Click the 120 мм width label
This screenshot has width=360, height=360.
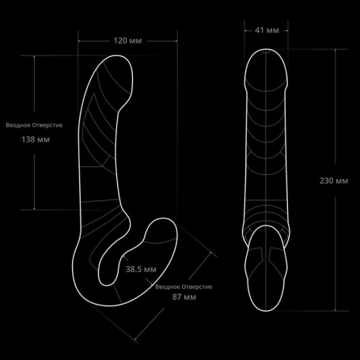[127, 41]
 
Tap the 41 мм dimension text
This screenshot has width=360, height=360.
[267, 30]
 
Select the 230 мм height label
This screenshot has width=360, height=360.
[334, 180]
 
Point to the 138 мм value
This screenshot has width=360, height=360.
[36, 139]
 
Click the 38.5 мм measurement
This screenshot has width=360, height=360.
[141, 269]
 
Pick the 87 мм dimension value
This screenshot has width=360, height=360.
[184, 297]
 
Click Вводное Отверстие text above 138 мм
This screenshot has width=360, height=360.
[34, 125]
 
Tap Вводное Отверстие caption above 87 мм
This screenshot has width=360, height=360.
[184, 286]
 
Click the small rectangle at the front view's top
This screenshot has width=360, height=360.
[266, 51]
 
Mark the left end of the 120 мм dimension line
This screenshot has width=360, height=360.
[78, 41]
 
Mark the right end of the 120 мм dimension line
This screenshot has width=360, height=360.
[177, 41]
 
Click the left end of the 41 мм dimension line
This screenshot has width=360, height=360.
[244, 31]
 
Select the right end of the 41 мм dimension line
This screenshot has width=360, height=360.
[287, 31]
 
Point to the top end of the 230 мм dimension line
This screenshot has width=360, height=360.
[335, 49]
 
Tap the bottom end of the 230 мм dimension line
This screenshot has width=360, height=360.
[335, 311]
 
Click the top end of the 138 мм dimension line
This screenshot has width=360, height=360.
[34, 56]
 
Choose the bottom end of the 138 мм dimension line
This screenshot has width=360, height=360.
[34, 210]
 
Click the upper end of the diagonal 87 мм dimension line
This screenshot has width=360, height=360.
[211, 252]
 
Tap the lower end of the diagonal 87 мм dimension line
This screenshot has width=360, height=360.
[135, 339]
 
